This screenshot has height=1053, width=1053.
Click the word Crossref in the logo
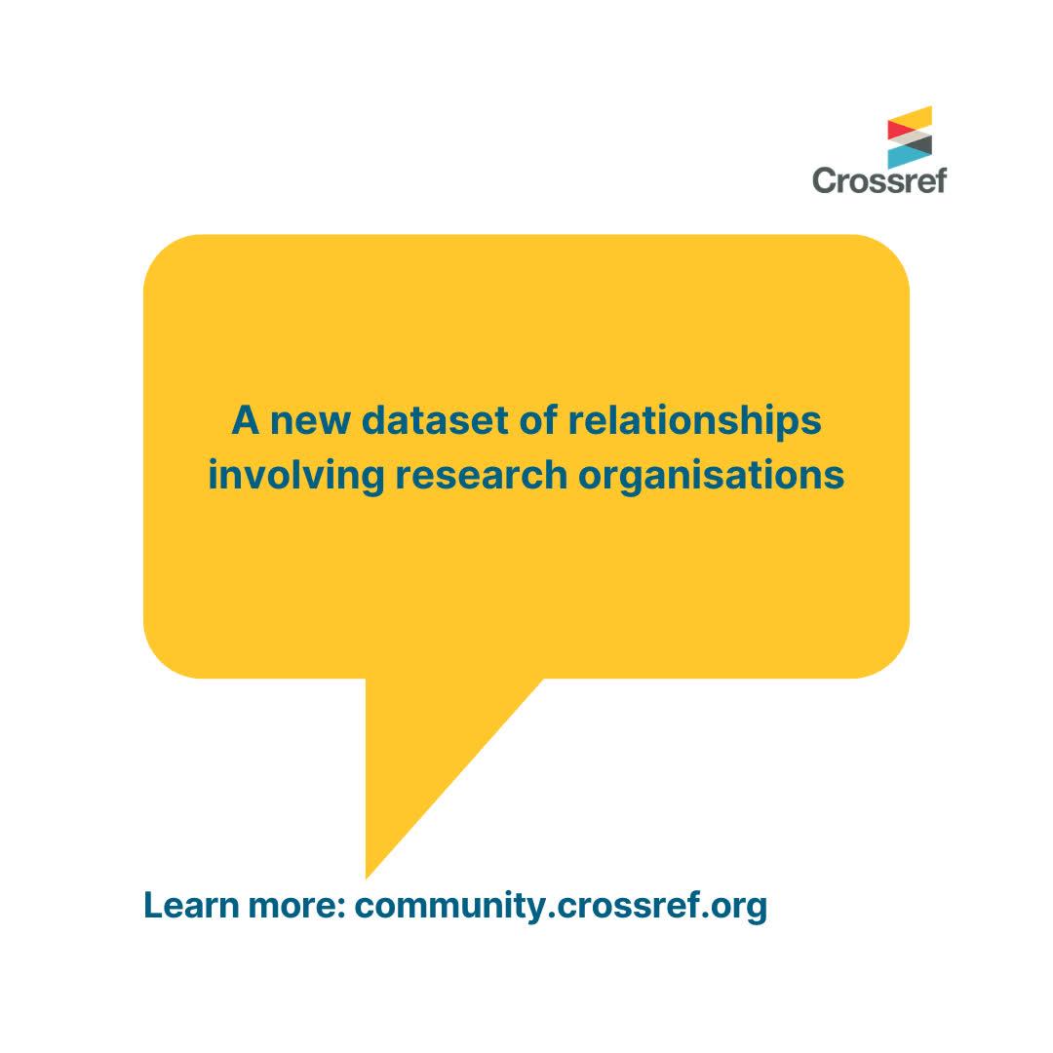879,180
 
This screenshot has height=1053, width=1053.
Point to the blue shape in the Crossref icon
910,157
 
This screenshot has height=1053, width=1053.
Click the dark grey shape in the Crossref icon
920,143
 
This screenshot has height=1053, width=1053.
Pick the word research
481,475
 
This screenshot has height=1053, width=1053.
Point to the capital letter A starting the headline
245,420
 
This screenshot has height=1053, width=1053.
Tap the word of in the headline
538,420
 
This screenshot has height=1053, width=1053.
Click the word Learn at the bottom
191,905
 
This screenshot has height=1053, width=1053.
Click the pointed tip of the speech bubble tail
367,877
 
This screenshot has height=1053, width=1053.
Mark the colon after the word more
340,909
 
